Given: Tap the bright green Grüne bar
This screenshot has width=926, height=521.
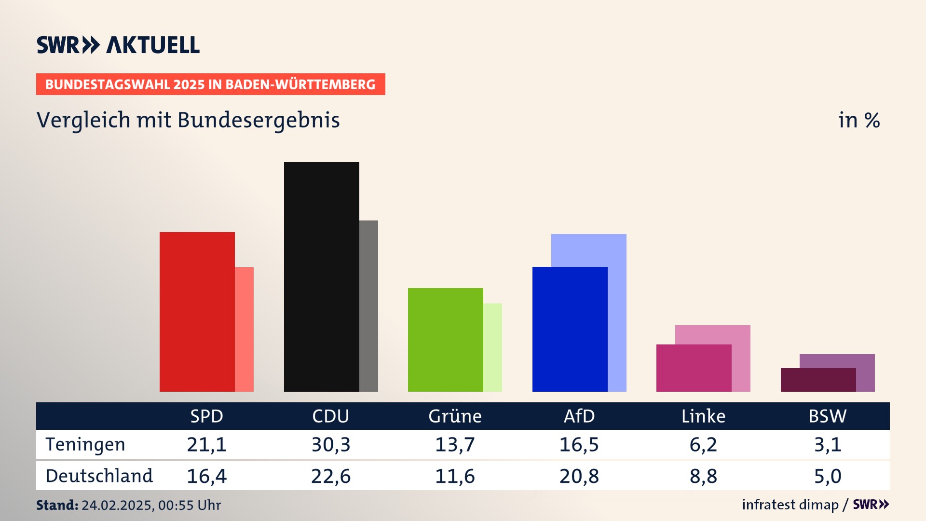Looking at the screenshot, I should [x=446, y=340].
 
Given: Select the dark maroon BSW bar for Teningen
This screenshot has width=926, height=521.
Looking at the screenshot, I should [x=818, y=380].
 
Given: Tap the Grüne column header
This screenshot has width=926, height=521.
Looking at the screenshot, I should [x=455, y=416].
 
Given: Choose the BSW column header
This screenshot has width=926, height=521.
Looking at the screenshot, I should [x=827, y=416].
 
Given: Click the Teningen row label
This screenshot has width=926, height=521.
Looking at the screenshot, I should [x=85, y=444].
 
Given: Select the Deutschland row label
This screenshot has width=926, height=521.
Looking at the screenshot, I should [x=99, y=476].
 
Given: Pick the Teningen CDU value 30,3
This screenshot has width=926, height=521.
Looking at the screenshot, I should [x=331, y=444].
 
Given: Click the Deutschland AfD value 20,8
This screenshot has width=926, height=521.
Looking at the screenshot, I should [x=579, y=476].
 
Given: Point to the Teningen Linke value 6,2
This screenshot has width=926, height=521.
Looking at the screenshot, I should [x=703, y=444].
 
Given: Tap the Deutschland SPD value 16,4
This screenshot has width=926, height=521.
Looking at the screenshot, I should [x=206, y=476].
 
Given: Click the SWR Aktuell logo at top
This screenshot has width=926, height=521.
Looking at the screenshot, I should [x=118, y=45].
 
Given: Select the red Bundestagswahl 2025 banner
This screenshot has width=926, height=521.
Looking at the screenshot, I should [x=210, y=84].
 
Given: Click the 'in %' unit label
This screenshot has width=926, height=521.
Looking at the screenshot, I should [x=859, y=121].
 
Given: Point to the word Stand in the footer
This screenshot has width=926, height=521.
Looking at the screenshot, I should [x=57, y=505].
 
